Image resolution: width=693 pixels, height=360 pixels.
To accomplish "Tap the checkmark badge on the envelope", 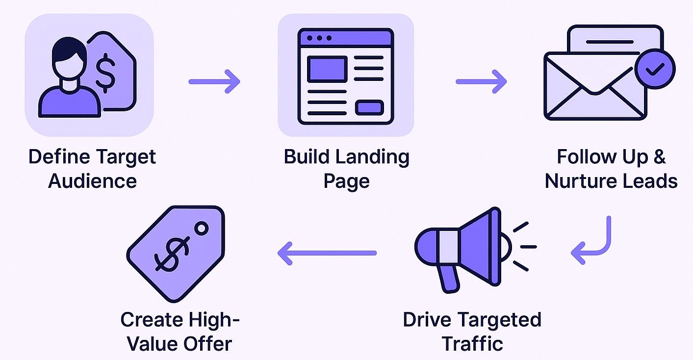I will [655, 70].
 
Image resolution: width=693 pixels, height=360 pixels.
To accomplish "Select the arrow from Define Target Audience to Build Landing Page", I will [214, 81].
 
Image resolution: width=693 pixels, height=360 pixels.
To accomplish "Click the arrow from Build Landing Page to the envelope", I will [481, 81].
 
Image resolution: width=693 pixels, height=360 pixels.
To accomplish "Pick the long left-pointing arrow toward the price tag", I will [327, 253].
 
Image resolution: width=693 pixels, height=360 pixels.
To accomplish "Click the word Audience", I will [92, 181].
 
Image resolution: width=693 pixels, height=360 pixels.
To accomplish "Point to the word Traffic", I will [472, 343].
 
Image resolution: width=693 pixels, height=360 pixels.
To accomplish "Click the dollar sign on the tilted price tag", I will [170, 255].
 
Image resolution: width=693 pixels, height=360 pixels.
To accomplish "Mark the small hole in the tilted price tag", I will [201, 229].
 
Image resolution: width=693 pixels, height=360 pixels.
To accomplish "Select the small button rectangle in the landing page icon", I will [369, 107].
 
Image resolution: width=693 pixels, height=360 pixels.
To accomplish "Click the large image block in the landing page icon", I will [327, 69].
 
